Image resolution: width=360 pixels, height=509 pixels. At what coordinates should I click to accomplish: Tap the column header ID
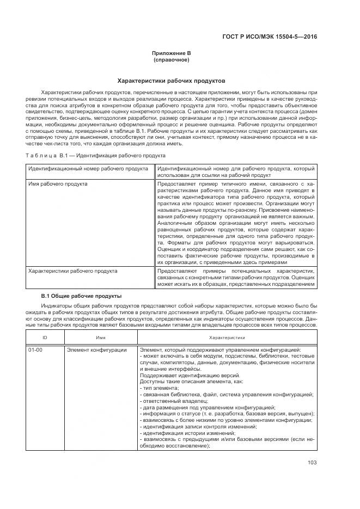point(45,338)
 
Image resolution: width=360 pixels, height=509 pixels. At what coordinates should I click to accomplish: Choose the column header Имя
point(101,338)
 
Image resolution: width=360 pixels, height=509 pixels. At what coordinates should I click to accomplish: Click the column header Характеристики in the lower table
point(226,338)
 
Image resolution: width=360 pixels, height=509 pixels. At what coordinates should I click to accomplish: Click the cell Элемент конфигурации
point(96,350)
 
